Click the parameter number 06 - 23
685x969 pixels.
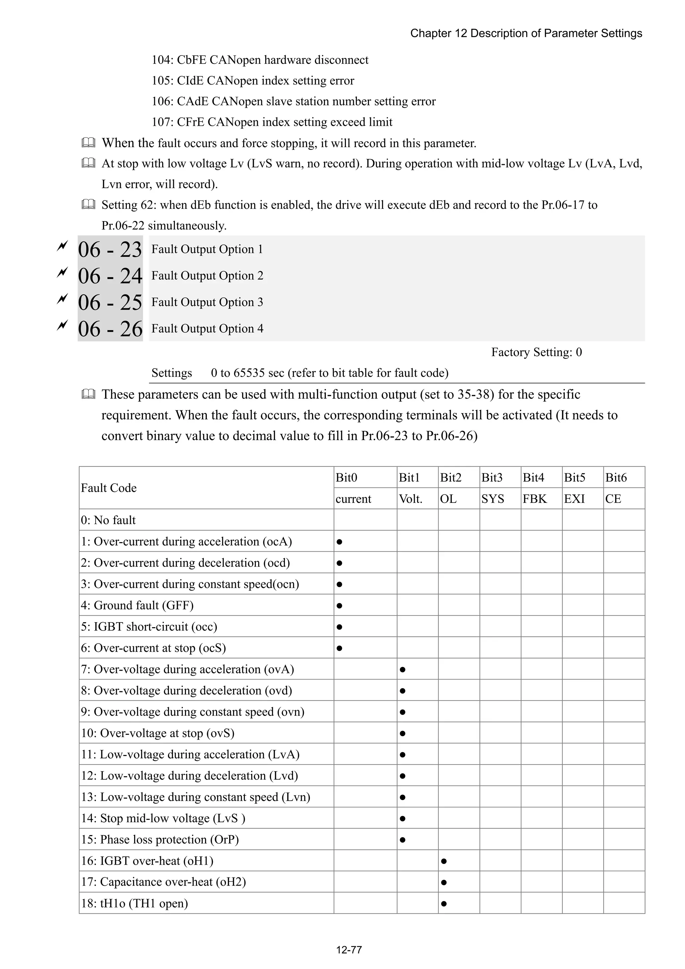point(110,250)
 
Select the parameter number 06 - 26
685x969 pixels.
point(110,329)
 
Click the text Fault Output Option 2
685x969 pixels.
point(207,276)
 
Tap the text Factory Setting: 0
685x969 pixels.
point(536,352)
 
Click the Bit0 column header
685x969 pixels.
point(347,477)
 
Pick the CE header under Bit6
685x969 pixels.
point(613,499)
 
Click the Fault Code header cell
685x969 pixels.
point(109,488)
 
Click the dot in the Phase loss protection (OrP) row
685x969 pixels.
point(402,840)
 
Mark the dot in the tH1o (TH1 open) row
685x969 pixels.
point(444,903)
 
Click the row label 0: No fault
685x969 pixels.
point(108,520)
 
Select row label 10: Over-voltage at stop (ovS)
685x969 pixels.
point(158,733)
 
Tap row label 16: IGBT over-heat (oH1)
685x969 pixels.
point(147,861)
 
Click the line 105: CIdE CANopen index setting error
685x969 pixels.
point(253,81)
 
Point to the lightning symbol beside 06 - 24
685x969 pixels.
point(62,273)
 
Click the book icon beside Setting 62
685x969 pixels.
point(88,205)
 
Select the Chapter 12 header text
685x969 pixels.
point(526,33)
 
